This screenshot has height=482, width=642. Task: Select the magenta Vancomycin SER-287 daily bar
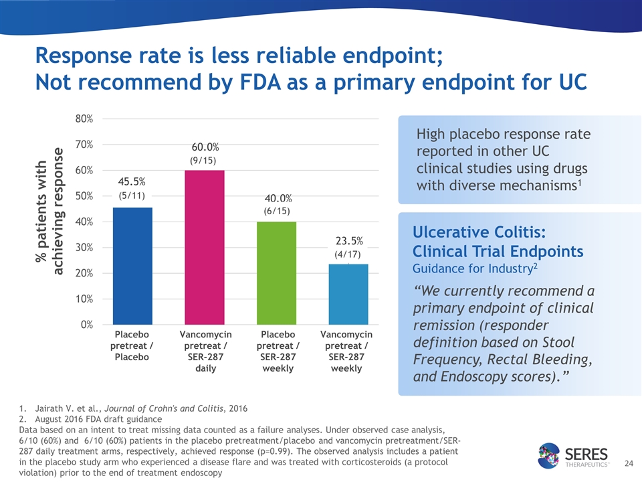pos(205,248)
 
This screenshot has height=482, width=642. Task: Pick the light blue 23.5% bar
pos(348,295)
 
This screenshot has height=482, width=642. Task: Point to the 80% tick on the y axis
pos(84,118)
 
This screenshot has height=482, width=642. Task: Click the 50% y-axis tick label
pos(84,196)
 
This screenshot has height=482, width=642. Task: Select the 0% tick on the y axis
pos(86,325)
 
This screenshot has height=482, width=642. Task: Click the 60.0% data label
pos(205,147)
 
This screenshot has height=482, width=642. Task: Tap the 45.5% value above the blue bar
pos(132,182)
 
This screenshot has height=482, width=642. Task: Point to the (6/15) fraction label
pos(278,211)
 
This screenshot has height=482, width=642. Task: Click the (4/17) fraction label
pos(348,254)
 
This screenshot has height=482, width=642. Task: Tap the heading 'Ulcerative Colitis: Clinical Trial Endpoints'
pos(498,242)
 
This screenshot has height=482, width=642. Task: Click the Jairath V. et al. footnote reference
pos(134,407)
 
